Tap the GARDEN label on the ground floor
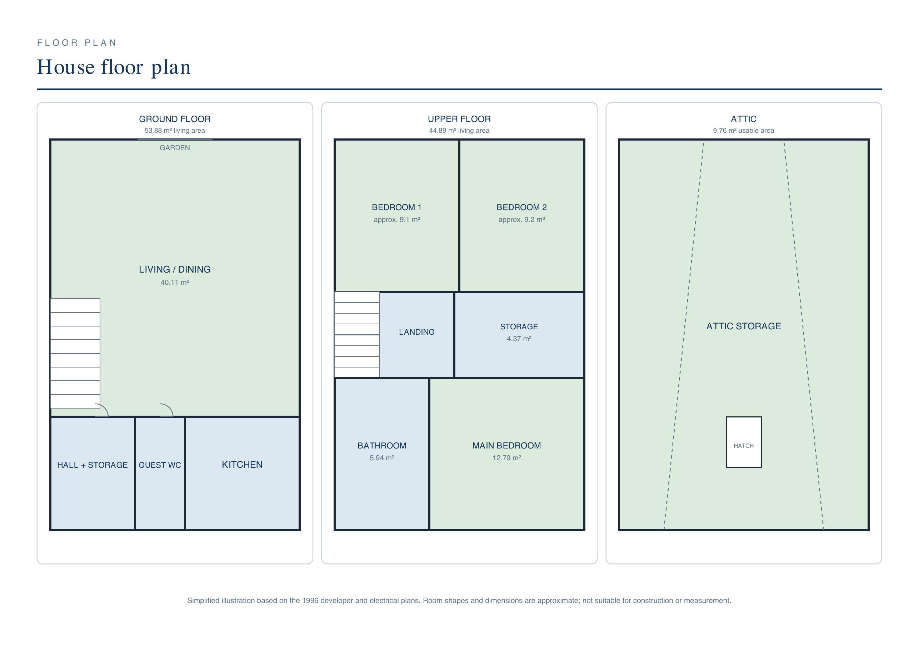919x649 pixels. (175, 148)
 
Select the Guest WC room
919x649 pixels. (160, 473)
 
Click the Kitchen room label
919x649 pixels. (242, 464)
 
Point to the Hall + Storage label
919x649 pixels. (93, 465)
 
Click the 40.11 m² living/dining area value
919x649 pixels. (175, 282)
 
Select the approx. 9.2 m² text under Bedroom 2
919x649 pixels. (521, 219)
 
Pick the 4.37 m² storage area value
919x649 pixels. (519, 339)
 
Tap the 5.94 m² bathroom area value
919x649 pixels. (382, 458)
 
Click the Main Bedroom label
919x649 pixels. (506, 446)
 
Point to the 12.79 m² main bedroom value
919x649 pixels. (506, 458)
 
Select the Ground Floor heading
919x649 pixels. (175, 119)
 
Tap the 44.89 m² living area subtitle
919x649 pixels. (459, 130)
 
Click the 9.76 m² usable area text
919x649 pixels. (743, 130)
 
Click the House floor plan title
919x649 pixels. (114, 67)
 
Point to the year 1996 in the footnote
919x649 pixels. (310, 600)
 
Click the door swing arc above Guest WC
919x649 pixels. (169, 408)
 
